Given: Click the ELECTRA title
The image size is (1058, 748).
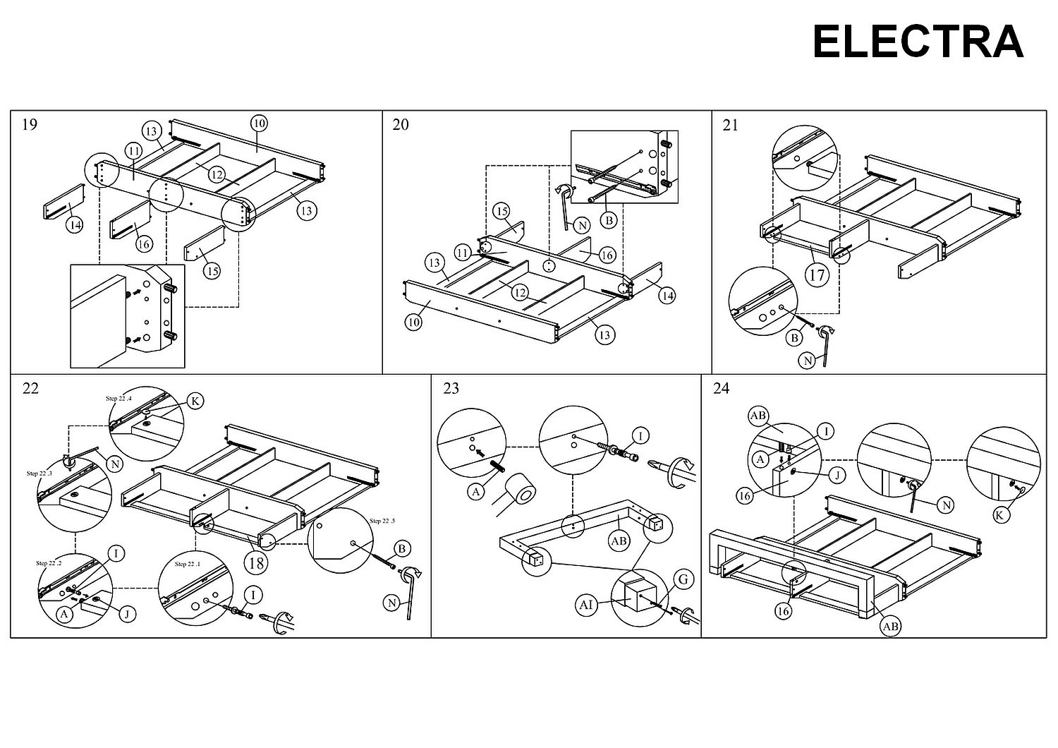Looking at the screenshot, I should pyautogui.click(x=918, y=42).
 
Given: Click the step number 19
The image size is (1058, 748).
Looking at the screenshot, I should pyautogui.click(x=30, y=125).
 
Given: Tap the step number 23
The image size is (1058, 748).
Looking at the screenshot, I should pyautogui.click(x=451, y=388).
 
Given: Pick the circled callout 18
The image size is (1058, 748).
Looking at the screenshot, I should pyautogui.click(x=255, y=562).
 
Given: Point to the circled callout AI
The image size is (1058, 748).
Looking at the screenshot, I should pyautogui.click(x=586, y=605).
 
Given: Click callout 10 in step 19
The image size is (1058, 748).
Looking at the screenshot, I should pyautogui.click(x=259, y=123).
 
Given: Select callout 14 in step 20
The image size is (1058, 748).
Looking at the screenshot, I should pyautogui.click(x=667, y=296).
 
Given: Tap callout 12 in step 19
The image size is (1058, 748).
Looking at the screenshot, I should pyautogui.click(x=216, y=174).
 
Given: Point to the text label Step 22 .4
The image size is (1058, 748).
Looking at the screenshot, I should pyautogui.click(x=118, y=399).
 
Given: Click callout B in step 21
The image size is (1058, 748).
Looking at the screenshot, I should pyautogui.click(x=795, y=338).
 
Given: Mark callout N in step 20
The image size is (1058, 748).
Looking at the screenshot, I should pyautogui.click(x=581, y=226).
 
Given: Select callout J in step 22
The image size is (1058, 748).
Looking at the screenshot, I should pyautogui.click(x=127, y=614).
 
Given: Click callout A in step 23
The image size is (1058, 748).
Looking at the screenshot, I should pyautogui.click(x=477, y=492).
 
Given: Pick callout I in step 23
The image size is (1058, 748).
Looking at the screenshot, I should pyautogui.click(x=640, y=437).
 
